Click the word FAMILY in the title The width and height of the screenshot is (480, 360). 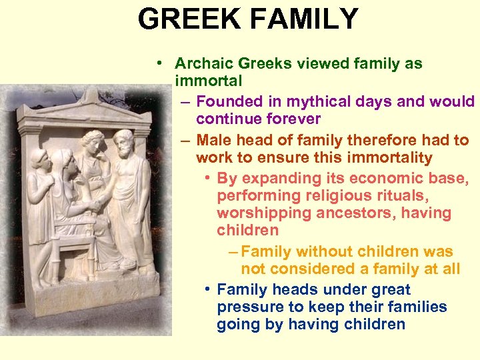(304, 20)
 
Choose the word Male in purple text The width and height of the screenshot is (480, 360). (215, 141)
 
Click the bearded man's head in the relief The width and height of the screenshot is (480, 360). (122, 141)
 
